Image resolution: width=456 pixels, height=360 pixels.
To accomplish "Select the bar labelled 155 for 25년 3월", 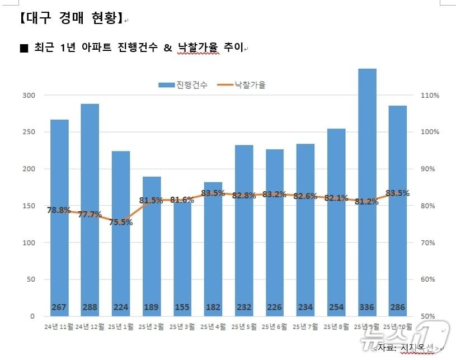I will coord(182,257).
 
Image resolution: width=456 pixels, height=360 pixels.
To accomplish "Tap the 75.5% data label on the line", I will coord(121,222).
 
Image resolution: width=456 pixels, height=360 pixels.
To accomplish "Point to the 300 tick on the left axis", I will coord(29,96).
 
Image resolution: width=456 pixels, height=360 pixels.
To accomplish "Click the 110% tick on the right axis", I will coord(430,96).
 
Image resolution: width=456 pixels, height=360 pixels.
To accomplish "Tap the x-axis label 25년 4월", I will coord(213,326).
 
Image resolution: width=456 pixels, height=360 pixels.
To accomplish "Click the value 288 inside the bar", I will coord(90,307).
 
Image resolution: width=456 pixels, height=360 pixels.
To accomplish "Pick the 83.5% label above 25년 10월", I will coord(397,193).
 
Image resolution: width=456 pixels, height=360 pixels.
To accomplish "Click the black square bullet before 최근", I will coord(23,49).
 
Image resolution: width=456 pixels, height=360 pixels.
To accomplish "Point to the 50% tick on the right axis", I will coord(430,316).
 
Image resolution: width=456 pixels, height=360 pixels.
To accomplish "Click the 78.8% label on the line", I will coord(59,210).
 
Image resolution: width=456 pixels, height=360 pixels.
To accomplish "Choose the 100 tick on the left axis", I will coord(29,243).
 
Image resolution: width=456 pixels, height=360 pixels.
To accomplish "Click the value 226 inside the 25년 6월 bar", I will coord(275,307).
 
